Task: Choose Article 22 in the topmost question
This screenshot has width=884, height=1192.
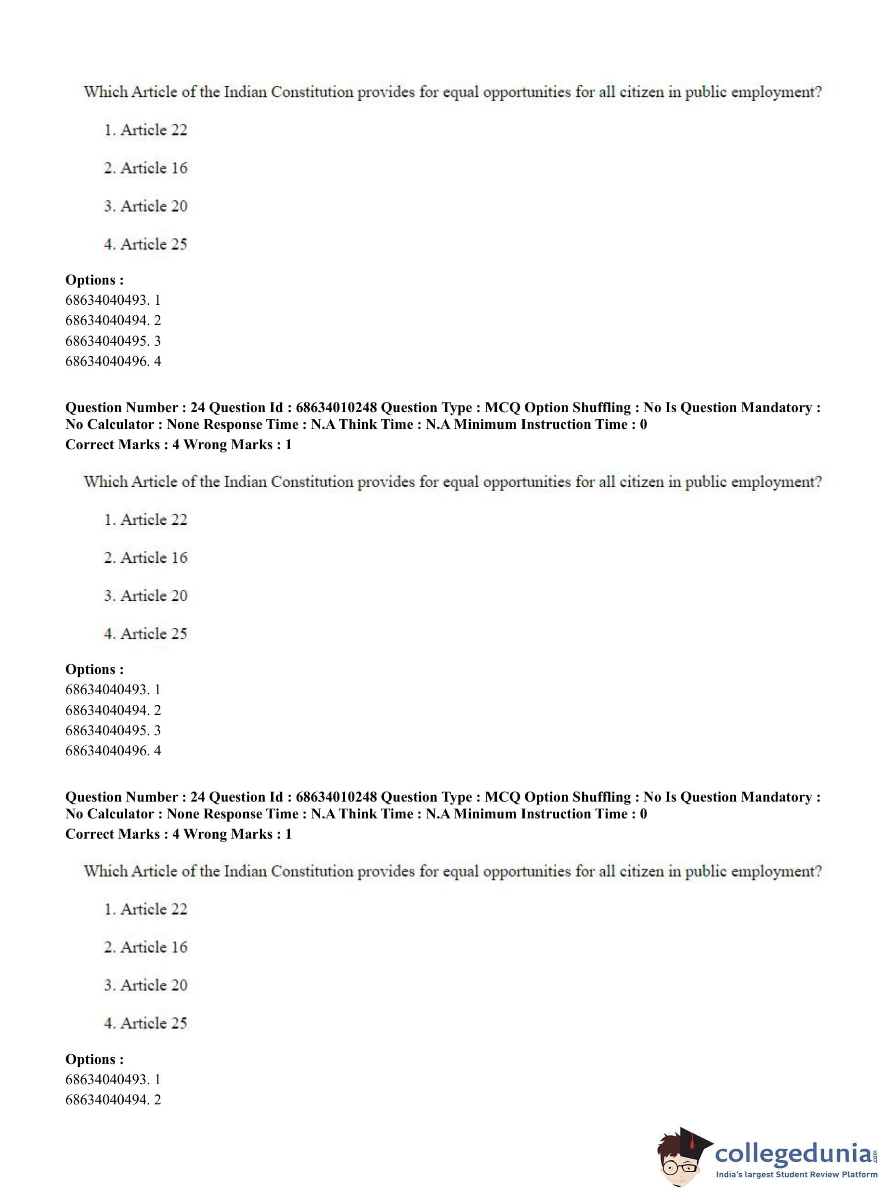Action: (x=154, y=130)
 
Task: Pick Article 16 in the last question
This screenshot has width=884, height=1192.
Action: (x=154, y=947)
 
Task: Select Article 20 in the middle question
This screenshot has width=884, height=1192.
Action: (x=154, y=596)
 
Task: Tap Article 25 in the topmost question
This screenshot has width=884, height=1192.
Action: (x=154, y=245)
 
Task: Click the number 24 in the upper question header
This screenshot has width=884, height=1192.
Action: (x=197, y=408)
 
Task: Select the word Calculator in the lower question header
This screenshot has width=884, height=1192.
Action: (x=122, y=814)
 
